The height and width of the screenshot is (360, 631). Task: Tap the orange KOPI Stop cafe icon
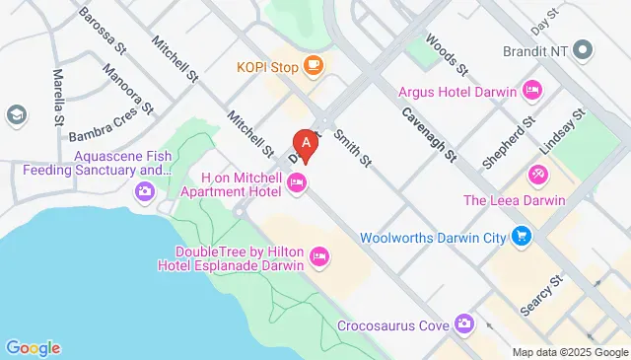point(314,66)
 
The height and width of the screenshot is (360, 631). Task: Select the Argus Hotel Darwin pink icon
point(532,92)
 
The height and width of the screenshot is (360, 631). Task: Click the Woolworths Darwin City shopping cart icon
point(522,237)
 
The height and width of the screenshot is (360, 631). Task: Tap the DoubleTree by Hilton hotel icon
point(318,257)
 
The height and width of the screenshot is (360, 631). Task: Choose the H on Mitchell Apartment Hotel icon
point(296,181)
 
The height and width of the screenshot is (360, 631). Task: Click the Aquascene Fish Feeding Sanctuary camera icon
point(146,190)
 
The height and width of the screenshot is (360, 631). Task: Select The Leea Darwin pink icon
point(537,176)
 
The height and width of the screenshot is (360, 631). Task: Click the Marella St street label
point(56,89)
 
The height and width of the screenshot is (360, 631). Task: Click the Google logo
point(33,347)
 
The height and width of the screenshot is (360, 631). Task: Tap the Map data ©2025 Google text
point(569,352)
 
